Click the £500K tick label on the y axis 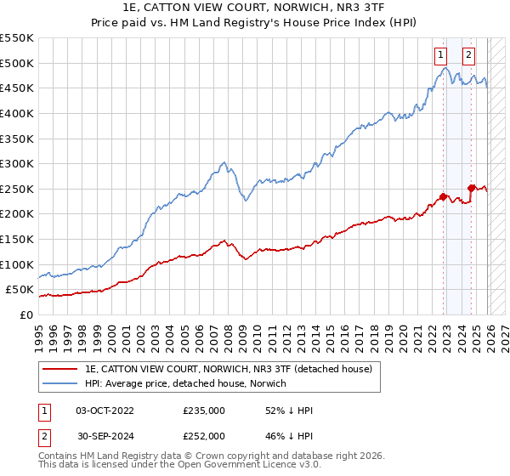[17, 63]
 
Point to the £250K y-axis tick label [17, 189]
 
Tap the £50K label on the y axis [20, 290]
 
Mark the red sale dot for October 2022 [443, 196]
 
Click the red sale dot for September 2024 [471, 188]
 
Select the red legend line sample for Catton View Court [59, 370]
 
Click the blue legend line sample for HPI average [59, 384]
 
